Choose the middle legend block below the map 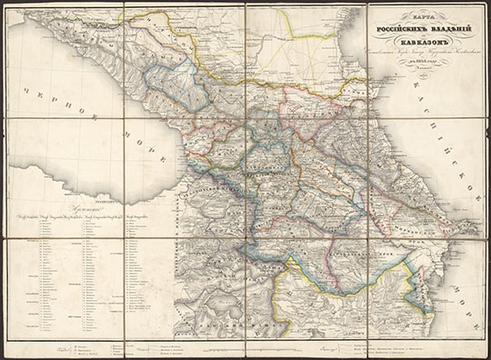tap(245, 348)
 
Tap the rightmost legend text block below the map tap(409, 348)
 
